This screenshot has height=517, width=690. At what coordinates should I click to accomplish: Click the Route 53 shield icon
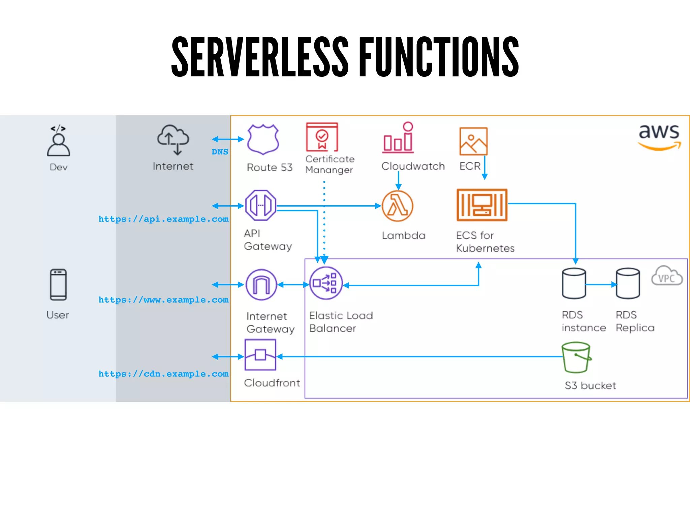click(x=263, y=139)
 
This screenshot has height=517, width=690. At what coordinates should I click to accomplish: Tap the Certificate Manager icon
click(x=322, y=137)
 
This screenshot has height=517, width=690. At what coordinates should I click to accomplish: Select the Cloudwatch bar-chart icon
click(x=398, y=138)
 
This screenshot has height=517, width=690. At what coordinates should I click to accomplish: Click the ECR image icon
click(x=473, y=141)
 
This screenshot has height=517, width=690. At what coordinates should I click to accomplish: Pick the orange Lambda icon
click(x=398, y=206)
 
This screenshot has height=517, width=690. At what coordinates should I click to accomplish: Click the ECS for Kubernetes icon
click(x=482, y=205)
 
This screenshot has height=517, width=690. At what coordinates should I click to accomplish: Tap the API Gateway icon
click(x=261, y=205)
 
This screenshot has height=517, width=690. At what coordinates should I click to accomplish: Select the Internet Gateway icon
click(x=261, y=285)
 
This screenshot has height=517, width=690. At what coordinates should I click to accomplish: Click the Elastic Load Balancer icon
click(x=325, y=283)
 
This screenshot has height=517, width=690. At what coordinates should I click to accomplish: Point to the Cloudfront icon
click(x=260, y=355)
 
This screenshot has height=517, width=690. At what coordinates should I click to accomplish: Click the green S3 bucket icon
click(x=576, y=357)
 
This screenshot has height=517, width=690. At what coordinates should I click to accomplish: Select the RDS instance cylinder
click(x=574, y=283)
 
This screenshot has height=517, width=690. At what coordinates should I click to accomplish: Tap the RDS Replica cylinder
click(x=628, y=283)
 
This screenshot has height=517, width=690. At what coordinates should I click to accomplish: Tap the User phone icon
click(x=58, y=285)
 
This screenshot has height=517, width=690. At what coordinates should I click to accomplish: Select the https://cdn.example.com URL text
click(x=163, y=374)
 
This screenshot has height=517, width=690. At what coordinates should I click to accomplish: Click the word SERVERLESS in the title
click(x=260, y=57)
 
